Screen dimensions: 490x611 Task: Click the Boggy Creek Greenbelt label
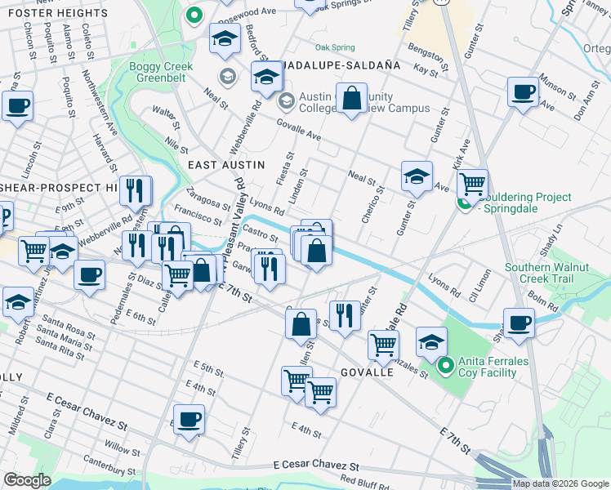pos(160,73)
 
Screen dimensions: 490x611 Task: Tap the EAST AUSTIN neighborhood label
pos(226,165)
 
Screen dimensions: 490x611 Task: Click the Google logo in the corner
pos(28,480)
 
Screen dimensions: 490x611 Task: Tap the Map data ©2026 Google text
pos(560,483)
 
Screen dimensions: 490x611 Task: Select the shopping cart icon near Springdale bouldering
pos(472,184)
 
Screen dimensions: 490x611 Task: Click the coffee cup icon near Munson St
pos(522,91)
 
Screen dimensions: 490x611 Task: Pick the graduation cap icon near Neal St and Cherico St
pos(417,176)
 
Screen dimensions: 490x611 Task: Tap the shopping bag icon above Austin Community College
pos(352,99)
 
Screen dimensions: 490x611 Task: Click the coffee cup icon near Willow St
pos(190,419)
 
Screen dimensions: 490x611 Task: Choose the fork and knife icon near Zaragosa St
pos(136,190)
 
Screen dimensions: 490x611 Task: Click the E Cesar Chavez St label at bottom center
pos(317,464)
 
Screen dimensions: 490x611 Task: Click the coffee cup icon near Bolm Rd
pos(519,322)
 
